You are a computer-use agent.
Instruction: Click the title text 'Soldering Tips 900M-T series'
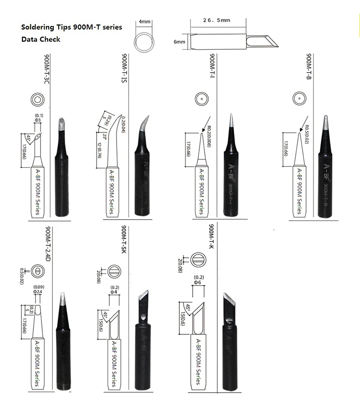click(72, 27)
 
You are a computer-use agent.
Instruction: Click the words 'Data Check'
click(41, 40)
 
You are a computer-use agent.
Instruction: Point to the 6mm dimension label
click(179, 42)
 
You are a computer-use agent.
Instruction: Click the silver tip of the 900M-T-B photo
click(326, 123)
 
